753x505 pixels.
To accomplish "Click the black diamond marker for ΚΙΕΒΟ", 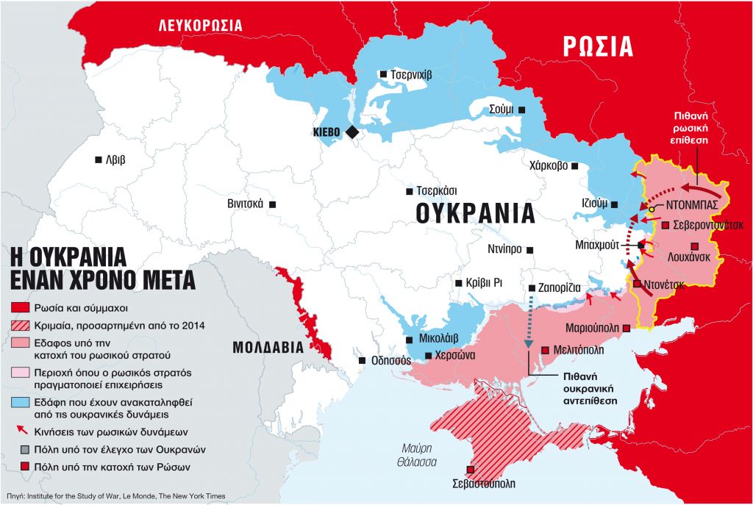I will point(352,132).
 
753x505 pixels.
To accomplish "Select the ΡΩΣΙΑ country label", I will point(598,46).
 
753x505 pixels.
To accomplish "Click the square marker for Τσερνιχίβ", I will point(382,74).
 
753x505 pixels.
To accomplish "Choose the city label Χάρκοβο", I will point(548,165).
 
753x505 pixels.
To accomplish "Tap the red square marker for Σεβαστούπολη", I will point(470,470).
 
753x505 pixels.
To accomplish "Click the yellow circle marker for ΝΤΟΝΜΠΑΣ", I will point(652,209).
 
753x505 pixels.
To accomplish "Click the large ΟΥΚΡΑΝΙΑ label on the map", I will point(474,213).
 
